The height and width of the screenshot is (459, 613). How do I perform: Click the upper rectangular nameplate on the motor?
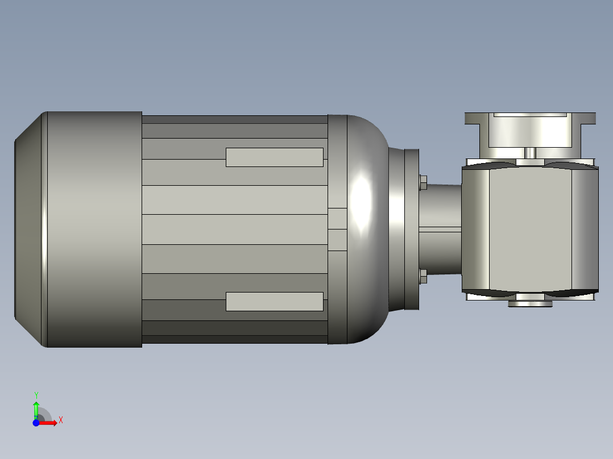(x=274, y=157)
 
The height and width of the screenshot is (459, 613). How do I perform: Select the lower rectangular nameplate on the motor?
(x=274, y=302)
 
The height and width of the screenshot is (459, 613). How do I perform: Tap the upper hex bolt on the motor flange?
(x=423, y=182)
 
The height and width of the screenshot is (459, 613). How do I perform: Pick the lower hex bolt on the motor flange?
(x=423, y=277)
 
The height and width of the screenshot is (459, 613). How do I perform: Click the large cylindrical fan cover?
(x=94, y=229)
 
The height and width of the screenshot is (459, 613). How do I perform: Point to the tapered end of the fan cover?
(x=28, y=229)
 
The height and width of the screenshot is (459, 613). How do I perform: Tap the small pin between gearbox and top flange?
(x=530, y=153)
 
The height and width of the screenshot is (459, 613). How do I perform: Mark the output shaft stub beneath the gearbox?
(x=530, y=303)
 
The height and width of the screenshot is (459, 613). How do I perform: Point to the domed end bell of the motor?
(x=367, y=229)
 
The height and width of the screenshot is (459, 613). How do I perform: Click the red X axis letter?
(x=61, y=420)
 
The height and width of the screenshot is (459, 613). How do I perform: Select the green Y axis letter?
(x=36, y=395)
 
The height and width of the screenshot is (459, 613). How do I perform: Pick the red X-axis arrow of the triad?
(x=49, y=423)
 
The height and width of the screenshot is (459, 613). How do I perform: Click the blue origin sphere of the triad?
(x=36, y=423)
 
